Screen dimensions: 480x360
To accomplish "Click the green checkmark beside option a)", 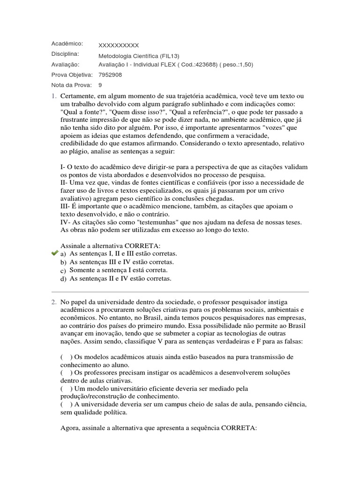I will (x=54, y=253).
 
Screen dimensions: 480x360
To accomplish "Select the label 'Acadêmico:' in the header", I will (x=67, y=44).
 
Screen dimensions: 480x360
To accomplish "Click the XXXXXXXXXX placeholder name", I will (x=119, y=45).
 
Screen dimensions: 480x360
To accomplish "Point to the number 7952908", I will (x=110, y=75).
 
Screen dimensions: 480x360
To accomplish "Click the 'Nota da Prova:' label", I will (x=71, y=85).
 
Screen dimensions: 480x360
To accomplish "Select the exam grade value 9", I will (x=100, y=85).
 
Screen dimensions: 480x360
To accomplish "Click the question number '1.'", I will (x=54, y=96).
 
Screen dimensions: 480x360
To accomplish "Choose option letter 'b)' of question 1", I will (x=63, y=262).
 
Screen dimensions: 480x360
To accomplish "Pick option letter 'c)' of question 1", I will (x=63, y=271).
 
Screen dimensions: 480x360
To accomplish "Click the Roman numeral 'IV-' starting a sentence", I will (x=65, y=222).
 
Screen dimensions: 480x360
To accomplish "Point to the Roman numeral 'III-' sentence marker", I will (x=66, y=206).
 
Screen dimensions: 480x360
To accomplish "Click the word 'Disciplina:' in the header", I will (x=65, y=54).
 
